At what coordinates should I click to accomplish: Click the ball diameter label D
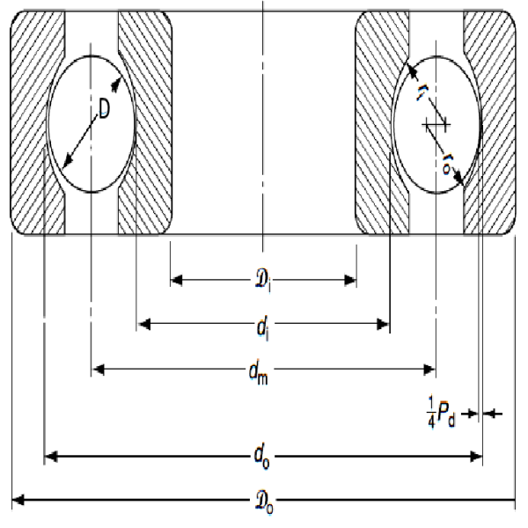click(105, 109)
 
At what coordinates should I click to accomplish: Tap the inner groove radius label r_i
click(422, 92)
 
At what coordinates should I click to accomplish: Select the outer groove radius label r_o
click(447, 164)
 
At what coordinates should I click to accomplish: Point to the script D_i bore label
click(262, 281)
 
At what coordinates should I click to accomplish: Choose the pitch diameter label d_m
click(259, 373)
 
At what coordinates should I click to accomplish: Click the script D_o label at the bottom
click(264, 502)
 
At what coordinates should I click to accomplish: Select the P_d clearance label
click(446, 414)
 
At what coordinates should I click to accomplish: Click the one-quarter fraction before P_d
click(431, 412)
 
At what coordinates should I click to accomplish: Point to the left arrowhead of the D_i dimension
click(177, 280)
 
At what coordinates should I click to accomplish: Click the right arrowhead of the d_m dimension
click(429, 370)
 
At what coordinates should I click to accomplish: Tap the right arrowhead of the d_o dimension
click(476, 457)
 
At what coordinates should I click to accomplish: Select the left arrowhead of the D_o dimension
click(18, 500)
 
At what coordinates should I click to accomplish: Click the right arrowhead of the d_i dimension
click(383, 324)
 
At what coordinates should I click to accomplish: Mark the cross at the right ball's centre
click(436, 125)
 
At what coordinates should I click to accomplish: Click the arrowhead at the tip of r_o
click(458, 178)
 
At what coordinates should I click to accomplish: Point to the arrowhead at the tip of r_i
click(413, 70)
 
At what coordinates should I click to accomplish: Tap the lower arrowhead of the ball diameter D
click(68, 161)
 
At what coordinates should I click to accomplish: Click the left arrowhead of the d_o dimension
click(51, 457)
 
